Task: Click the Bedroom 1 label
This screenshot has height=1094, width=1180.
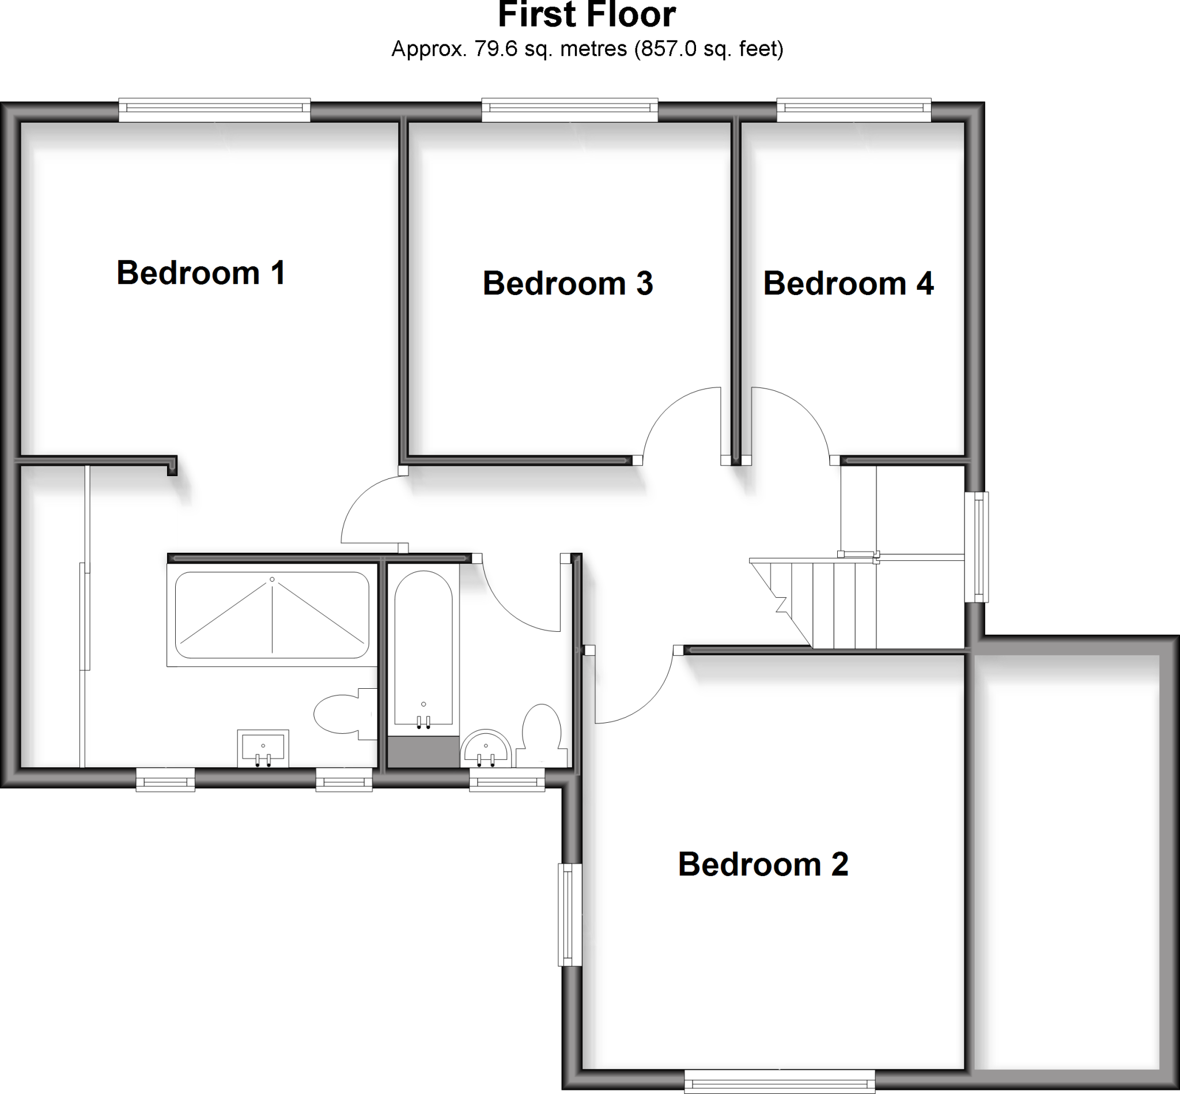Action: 201,273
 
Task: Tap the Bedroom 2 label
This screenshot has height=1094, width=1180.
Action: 763,865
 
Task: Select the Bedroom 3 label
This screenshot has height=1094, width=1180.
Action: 568,283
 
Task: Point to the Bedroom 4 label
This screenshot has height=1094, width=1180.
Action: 848,283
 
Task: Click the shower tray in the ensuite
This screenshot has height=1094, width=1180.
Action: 272,615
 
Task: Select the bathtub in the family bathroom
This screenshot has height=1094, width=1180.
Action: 423,648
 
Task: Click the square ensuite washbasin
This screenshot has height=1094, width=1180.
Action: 263,748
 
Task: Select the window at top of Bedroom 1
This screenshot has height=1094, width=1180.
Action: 215,110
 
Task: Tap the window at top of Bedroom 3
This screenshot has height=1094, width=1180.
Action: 569,110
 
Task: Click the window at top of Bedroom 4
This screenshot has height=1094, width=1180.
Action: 853,110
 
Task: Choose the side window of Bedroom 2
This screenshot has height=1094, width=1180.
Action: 569,915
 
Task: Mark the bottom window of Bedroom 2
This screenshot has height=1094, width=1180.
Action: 780,1081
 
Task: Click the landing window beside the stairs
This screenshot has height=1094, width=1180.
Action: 977,547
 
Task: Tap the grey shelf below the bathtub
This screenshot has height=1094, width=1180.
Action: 423,752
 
